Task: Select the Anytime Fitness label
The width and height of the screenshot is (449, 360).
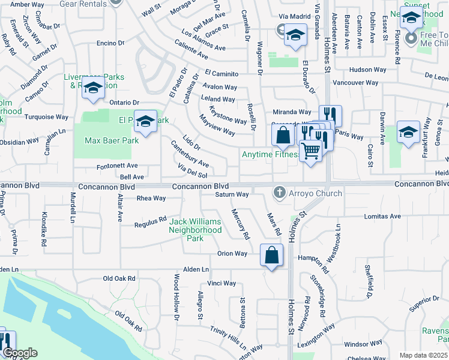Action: (x=270, y=154)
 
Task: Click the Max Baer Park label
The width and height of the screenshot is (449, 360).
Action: (x=112, y=140)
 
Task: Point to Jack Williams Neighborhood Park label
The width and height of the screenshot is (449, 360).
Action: (x=194, y=230)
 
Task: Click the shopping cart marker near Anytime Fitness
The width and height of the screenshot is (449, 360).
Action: (x=310, y=151)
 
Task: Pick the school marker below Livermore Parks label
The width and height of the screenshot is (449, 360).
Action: (x=93, y=88)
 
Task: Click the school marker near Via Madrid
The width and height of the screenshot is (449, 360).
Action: (x=295, y=35)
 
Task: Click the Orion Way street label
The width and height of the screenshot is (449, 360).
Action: (x=232, y=254)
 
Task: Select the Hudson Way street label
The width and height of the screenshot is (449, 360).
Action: (x=367, y=70)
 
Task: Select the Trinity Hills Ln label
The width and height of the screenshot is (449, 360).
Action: (x=228, y=338)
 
